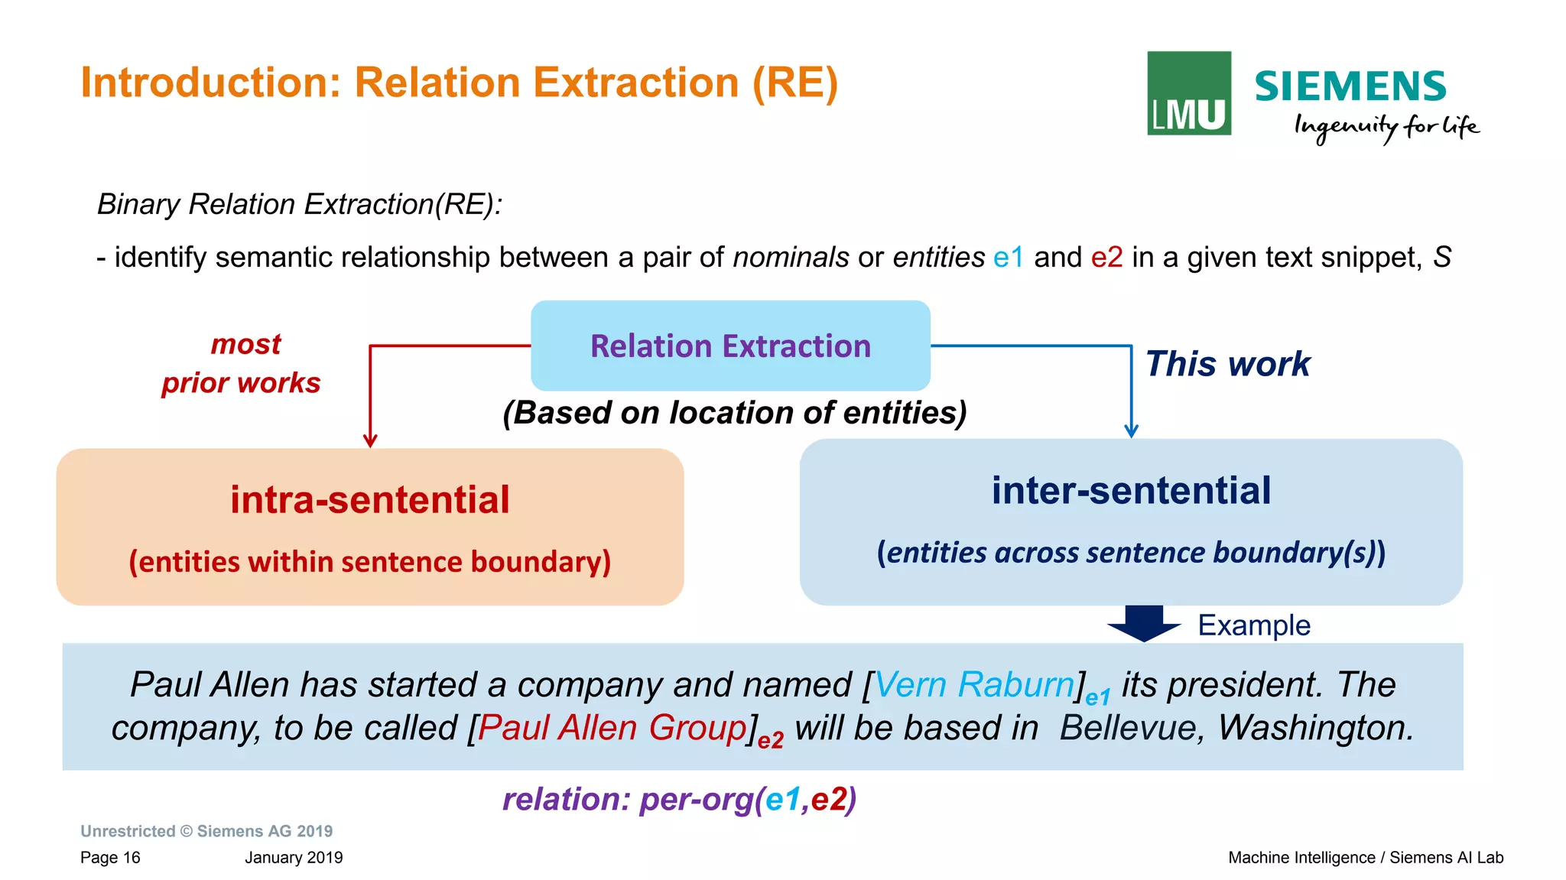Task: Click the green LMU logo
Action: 1188,93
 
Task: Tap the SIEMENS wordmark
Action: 1350,86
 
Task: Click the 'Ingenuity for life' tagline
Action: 1386,127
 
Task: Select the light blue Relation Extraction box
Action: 730,346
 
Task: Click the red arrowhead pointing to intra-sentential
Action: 370,441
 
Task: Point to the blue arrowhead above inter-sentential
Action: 1132,431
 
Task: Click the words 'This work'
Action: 1227,364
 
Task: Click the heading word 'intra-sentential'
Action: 370,500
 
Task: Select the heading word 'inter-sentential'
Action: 1131,491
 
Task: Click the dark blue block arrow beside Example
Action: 1144,622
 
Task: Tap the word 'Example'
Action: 1254,625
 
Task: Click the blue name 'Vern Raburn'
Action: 973,684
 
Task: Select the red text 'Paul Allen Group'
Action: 612,727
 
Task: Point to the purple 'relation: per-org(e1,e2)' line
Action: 679,800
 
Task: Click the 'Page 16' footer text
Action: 110,858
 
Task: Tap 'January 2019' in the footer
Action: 294,858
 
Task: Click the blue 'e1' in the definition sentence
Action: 1008,258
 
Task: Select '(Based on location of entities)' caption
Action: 734,413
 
